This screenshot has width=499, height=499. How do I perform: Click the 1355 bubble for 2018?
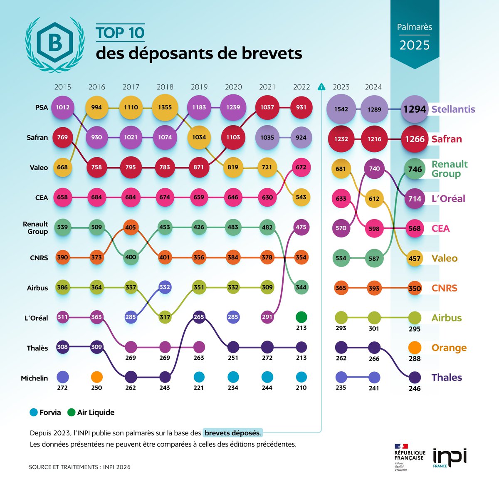165,107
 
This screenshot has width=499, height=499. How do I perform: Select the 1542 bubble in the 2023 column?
341,109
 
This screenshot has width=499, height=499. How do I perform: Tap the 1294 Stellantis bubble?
415,109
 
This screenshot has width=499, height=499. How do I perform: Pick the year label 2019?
199,87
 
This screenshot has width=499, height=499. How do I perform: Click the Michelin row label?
35,378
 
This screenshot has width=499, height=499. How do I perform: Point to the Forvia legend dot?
34,413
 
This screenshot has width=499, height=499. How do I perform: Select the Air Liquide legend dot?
71,413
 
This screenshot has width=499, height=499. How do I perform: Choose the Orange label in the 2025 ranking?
449,348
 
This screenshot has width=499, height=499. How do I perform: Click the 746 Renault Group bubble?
415,169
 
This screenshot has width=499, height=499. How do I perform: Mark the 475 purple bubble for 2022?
301,227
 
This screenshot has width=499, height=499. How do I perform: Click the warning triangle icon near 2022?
321,87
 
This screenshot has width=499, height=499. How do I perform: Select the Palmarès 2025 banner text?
414,36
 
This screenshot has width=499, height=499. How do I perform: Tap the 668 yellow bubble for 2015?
62,168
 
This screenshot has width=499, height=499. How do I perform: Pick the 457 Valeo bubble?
415,258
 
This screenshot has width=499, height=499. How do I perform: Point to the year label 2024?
373,87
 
